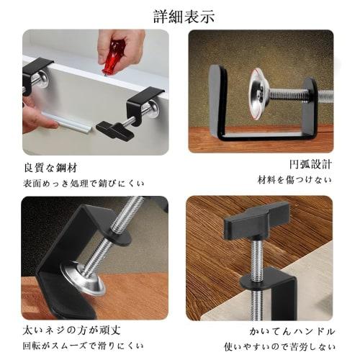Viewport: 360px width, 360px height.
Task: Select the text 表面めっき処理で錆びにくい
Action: [x=84, y=183]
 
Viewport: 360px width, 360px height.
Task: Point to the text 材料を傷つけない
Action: [x=294, y=179]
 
